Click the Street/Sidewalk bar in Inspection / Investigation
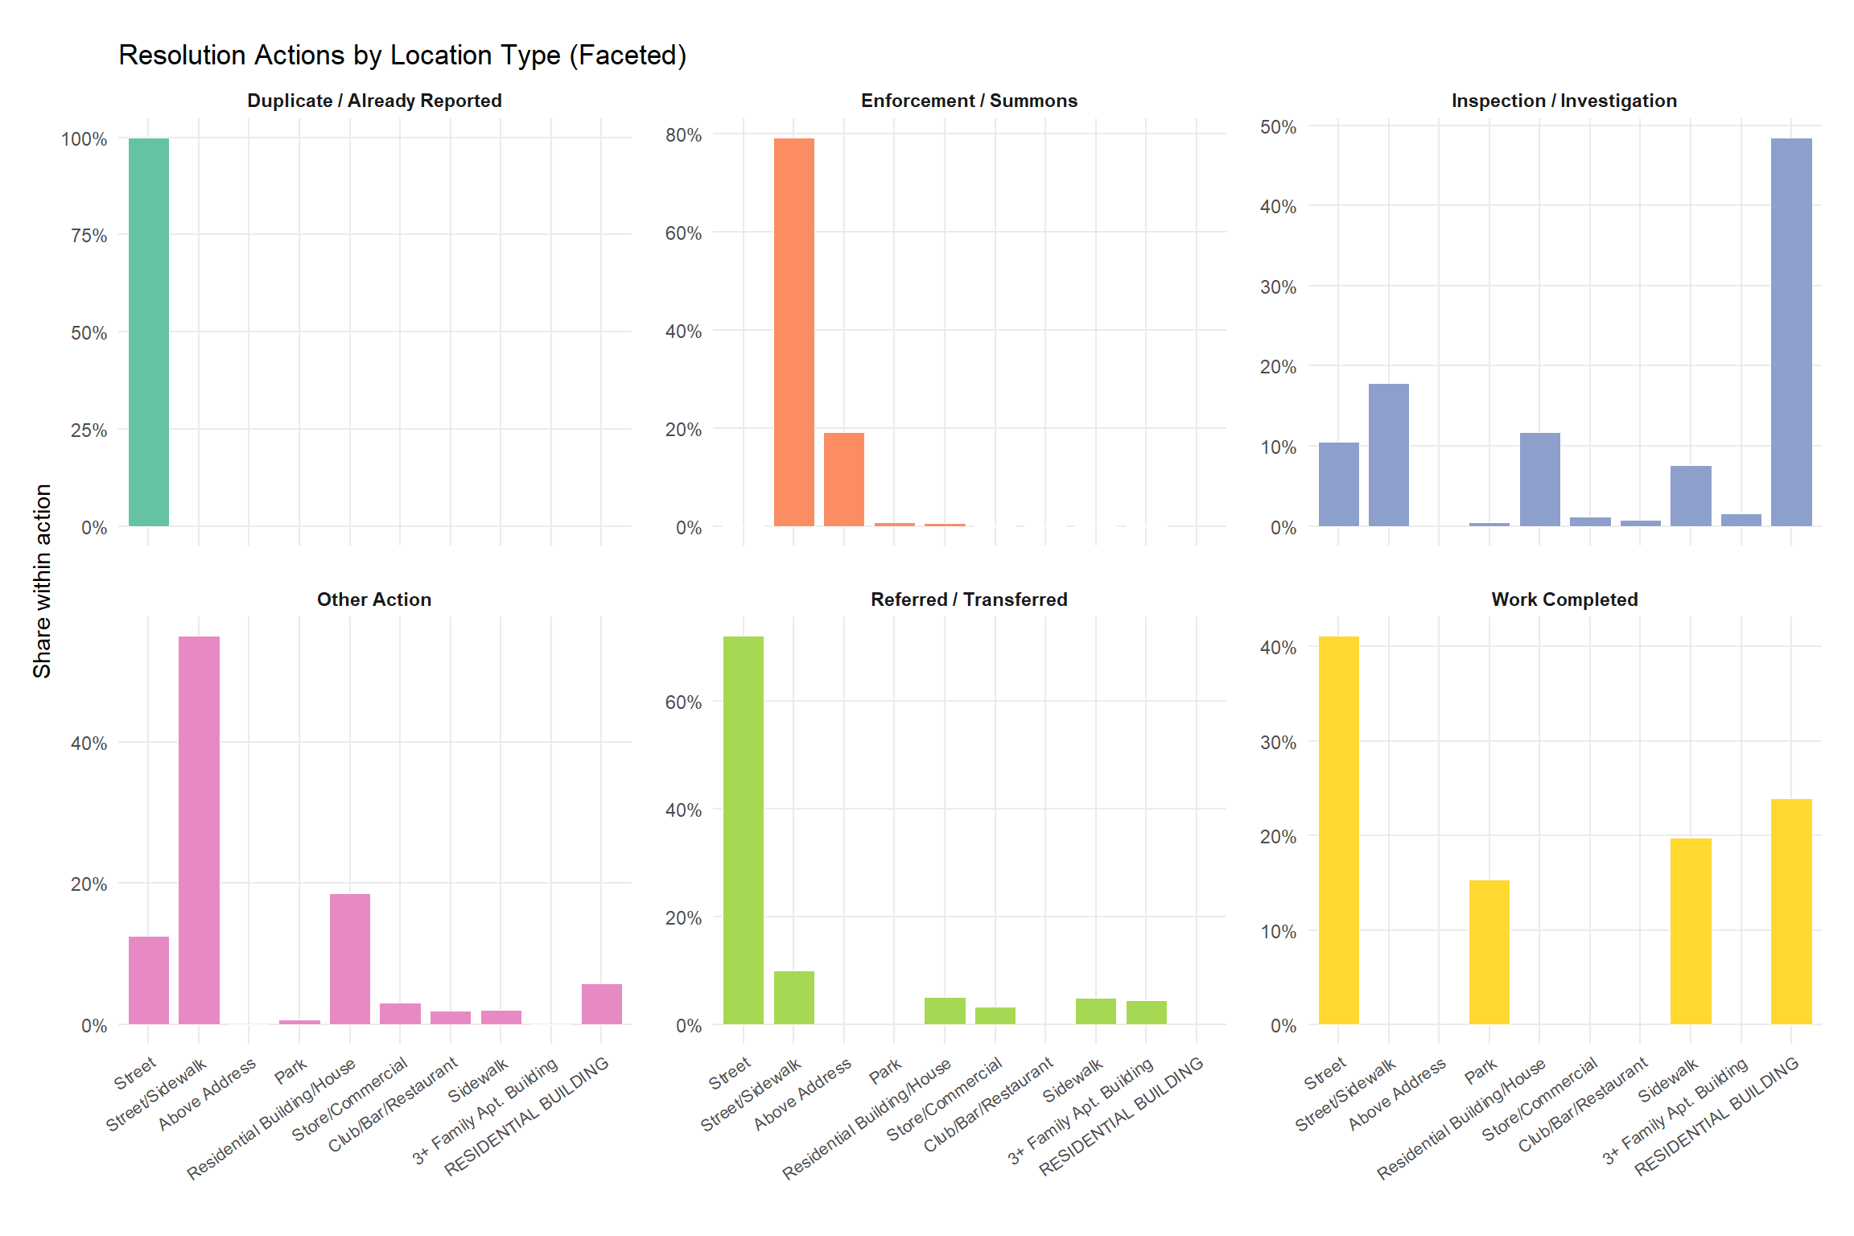coord(1389,455)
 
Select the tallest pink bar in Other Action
coord(199,830)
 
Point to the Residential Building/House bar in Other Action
coord(350,958)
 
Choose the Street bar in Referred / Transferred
coord(744,830)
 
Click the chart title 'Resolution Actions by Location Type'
coord(402,56)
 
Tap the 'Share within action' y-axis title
coord(42,580)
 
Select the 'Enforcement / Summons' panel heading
coord(969,101)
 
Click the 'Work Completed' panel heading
coord(1564,599)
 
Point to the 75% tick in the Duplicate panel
coord(89,236)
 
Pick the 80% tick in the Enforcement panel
coord(683,135)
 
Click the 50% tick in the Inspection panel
coord(1278,127)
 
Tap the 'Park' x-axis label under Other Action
coord(290,1070)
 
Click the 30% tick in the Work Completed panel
coord(1278,743)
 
